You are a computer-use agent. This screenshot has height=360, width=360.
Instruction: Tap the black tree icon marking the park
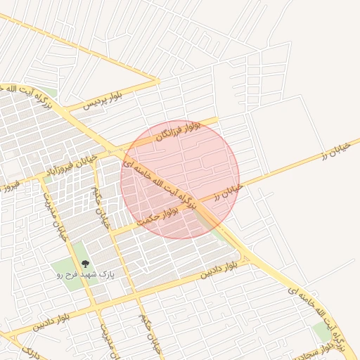[x=86, y=264]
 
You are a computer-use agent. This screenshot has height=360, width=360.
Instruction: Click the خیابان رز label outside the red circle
[x=338, y=150]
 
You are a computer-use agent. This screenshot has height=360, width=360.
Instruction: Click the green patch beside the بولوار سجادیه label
[x=323, y=332]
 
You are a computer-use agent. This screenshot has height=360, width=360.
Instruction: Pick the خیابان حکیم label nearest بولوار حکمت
[x=102, y=207]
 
